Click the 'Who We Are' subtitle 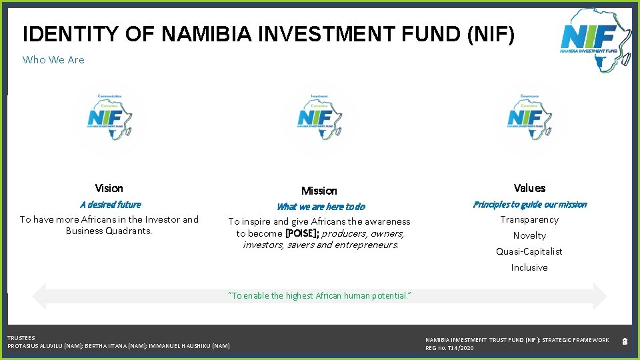coord(53,60)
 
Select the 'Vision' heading coord(109,189)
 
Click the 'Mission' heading coord(319,191)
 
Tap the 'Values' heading coord(529,189)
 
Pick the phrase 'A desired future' coord(110,205)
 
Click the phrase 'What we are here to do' coord(321,207)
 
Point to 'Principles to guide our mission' coord(529,205)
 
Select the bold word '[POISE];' coord(301,233)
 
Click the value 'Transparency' coord(529,219)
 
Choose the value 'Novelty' coord(529,235)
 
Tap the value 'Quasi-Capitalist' coord(529,251)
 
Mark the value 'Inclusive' coord(529,267)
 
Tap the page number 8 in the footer coord(625,341)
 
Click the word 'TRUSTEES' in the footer coord(21,338)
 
